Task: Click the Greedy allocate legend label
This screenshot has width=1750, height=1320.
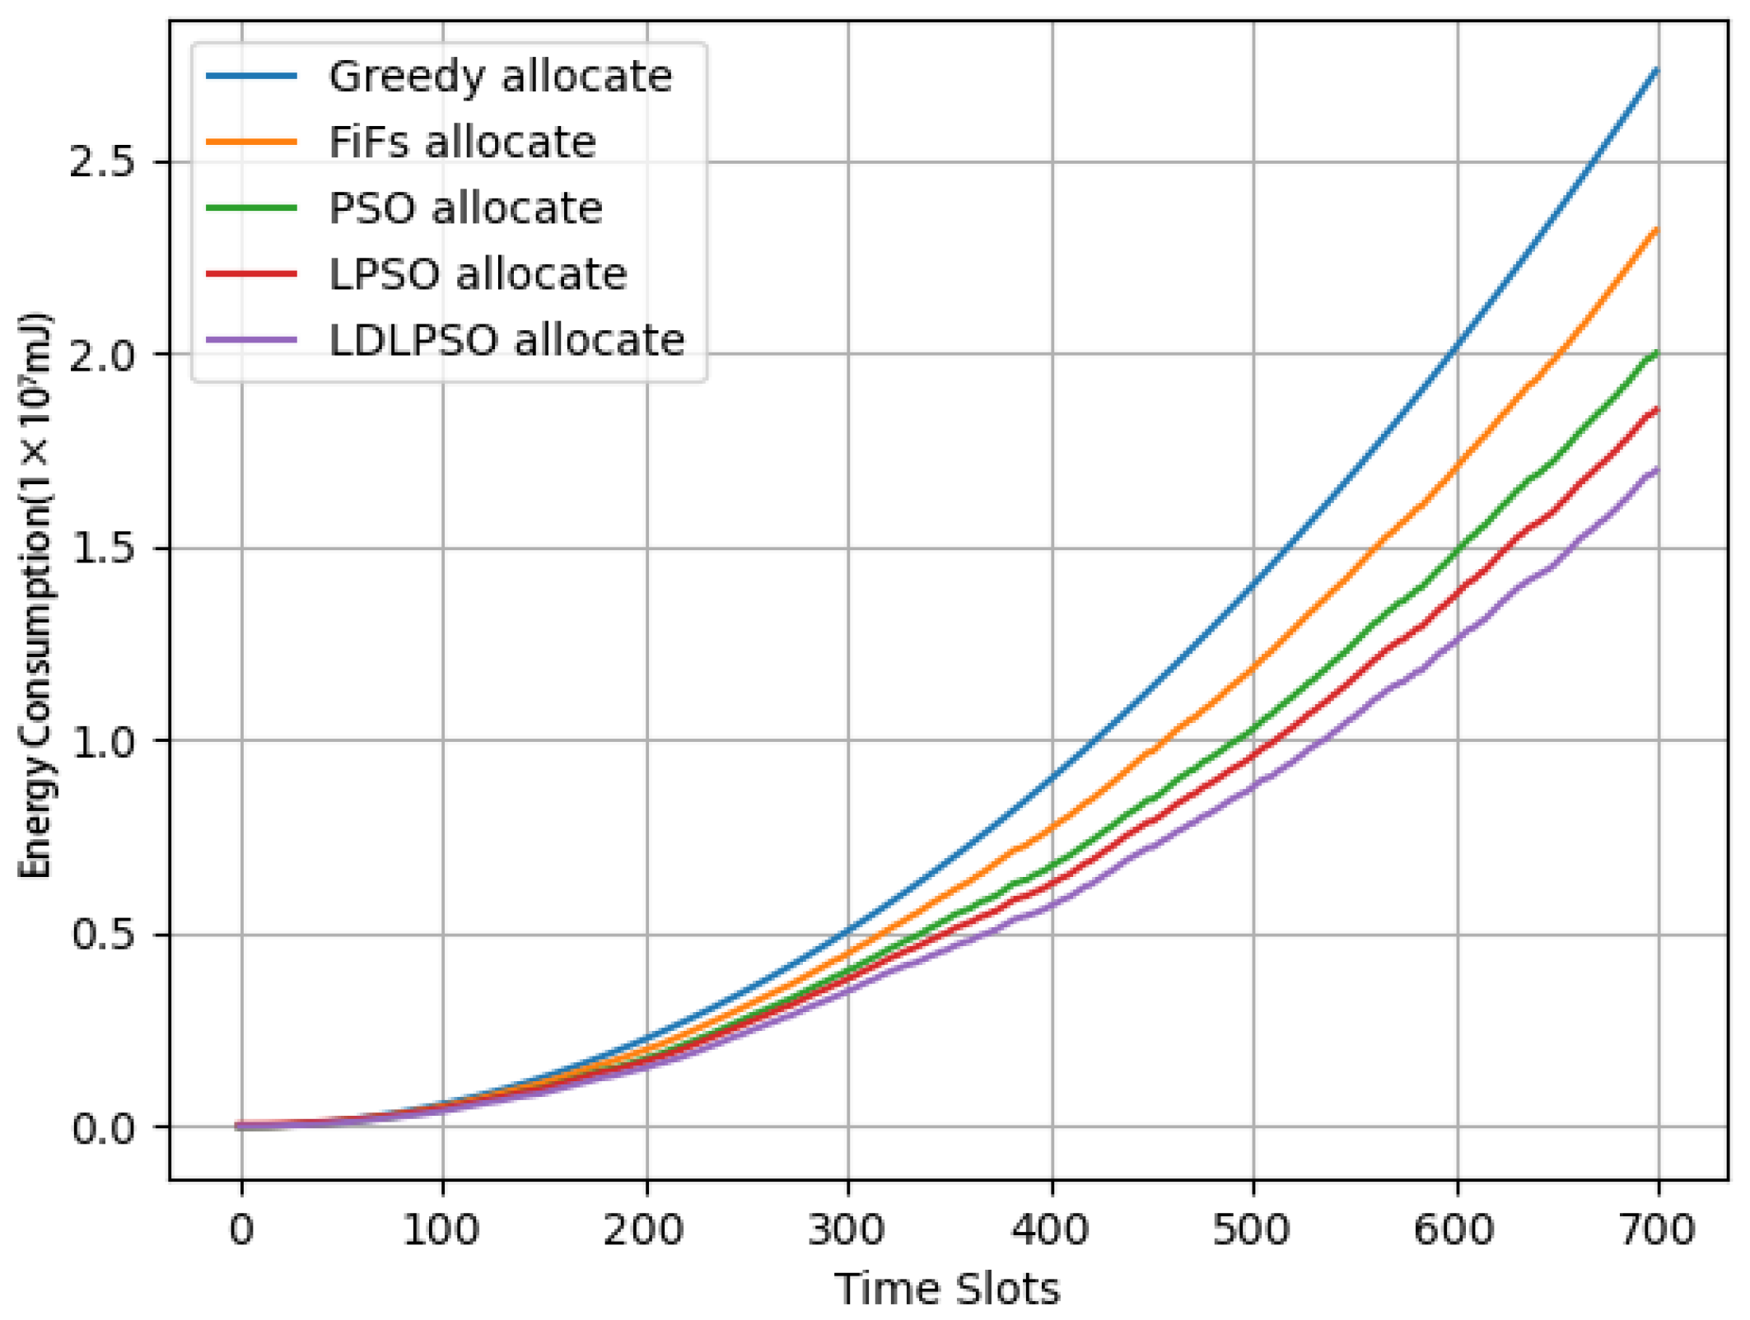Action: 500,77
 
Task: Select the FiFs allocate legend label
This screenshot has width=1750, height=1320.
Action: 462,142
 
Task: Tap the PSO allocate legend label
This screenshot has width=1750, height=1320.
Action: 465,208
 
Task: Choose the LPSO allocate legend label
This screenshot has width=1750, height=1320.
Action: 478,274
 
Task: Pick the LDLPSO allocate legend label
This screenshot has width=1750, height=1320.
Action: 506,340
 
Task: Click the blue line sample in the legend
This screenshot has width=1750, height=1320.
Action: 251,76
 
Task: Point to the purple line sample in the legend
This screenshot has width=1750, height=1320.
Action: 251,339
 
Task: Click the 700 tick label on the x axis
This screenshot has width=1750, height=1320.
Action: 1657,1230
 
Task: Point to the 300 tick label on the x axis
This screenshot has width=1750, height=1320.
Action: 847,1230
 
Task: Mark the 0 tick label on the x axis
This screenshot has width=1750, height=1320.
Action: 241,1230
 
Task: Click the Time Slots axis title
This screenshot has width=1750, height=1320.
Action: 947,1290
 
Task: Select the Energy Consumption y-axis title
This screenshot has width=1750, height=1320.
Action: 36,595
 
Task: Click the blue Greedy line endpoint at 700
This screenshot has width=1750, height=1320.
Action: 1656,70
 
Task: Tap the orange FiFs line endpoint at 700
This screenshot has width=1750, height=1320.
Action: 1656,230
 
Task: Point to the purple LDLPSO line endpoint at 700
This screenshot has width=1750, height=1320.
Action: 1656,469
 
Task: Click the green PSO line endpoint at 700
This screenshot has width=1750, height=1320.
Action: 1656,353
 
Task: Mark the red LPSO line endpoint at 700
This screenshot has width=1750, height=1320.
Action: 1656,409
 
